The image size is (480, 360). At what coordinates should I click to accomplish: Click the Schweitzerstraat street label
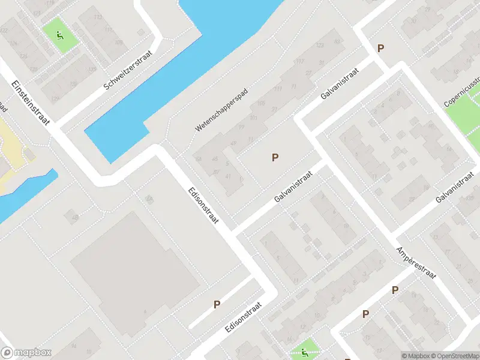pos(128,70)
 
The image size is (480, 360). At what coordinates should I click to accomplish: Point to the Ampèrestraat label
pos(416,262)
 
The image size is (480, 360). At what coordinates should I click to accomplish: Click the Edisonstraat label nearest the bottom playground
pos(244,319)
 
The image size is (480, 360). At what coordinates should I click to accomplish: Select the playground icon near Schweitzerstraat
pos(60,35)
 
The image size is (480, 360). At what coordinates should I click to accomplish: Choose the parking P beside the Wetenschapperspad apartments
pos(275,158)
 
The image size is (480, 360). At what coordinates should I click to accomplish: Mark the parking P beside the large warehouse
pos(217,304)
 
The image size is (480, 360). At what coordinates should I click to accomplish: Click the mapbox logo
pos(26,353)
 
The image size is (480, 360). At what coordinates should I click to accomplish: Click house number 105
pos(260,104)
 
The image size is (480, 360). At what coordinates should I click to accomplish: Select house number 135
pos(92,70)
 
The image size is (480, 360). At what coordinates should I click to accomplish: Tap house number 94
pos(74,347)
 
